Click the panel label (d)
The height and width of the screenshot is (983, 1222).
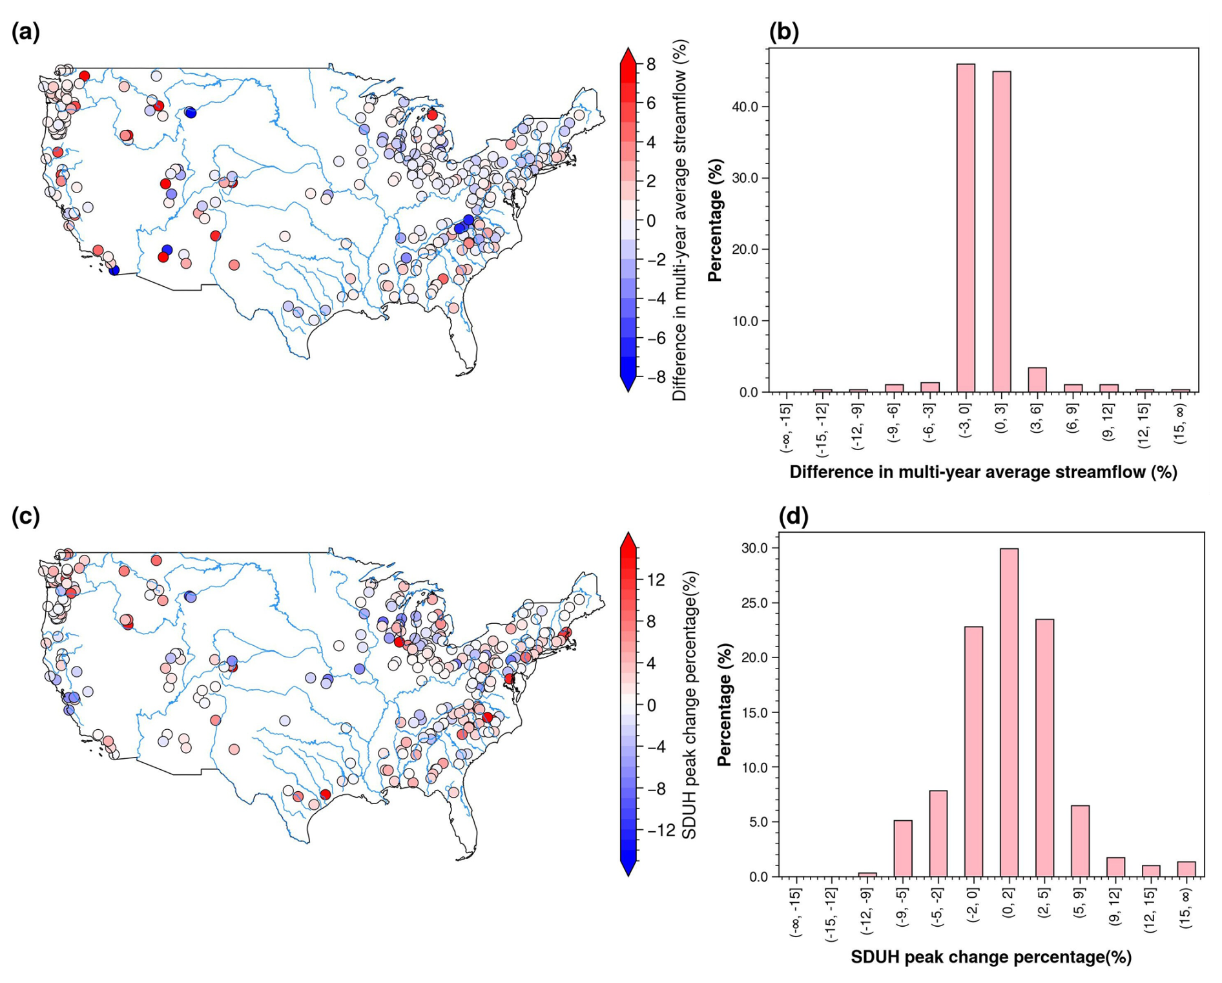(x=794, y=516)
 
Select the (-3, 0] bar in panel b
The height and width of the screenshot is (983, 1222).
(x=966, y=228)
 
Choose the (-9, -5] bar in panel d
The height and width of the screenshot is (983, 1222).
(x=903, y=849)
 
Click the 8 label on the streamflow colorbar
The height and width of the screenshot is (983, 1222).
(x=651, y=64)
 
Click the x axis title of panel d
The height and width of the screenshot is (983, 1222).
(x=991, y=957)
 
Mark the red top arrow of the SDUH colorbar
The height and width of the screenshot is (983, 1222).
(x=628, y=540)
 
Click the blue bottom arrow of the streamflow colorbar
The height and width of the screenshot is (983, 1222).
(x=628, y=384)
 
